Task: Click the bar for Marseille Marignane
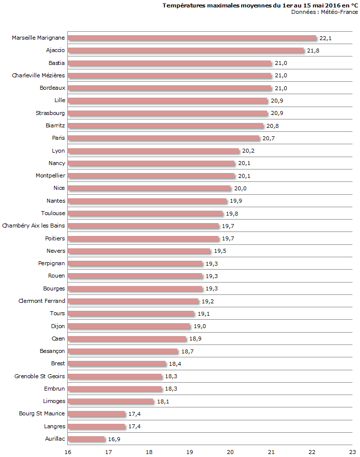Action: [192, 38]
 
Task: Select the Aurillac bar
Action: [87, 439]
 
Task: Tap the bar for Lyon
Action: [154, 151]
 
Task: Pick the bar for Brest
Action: [117, 364]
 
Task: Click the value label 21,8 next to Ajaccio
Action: [313, 51]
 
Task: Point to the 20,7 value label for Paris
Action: [268, 139]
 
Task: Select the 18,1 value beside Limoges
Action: [163, 402]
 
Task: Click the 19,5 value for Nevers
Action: [219, 251]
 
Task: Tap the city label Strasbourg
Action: [50, 113]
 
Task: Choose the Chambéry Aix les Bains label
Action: [34, 226]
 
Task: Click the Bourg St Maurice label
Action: [42, 413]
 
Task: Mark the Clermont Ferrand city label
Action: [42, 301]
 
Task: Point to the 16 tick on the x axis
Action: [68, 452]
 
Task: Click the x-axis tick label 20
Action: [230, 452]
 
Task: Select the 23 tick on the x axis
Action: [352, 452]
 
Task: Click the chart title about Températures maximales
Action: [260, 5]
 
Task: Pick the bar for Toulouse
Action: [146, 214]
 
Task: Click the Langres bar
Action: [97, 427]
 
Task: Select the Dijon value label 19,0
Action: [199, 327]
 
